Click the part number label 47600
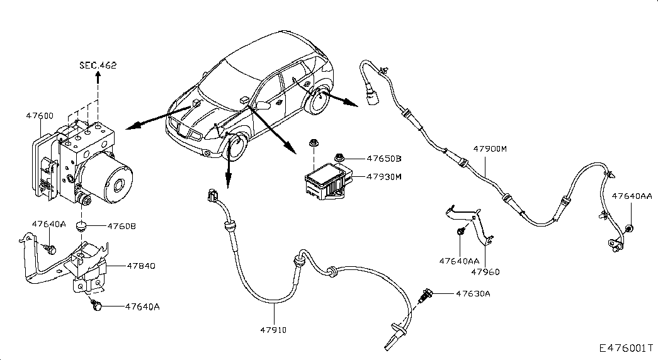[40, 116]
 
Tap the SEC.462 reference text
[98, 65]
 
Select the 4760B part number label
[122, 226]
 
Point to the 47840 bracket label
[141, 266]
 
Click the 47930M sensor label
[384, 177]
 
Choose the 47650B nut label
[384, 159]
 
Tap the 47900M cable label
[490, 149]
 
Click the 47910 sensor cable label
[273, 330]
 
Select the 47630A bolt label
[473, 294]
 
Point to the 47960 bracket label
[485, 272]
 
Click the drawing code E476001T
[626, 348]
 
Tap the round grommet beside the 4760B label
[81, 227]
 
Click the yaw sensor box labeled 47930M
[329, 181]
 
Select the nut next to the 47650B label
[339, 158]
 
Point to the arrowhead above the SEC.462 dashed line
[98, 76]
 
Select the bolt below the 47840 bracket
[96, 306]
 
